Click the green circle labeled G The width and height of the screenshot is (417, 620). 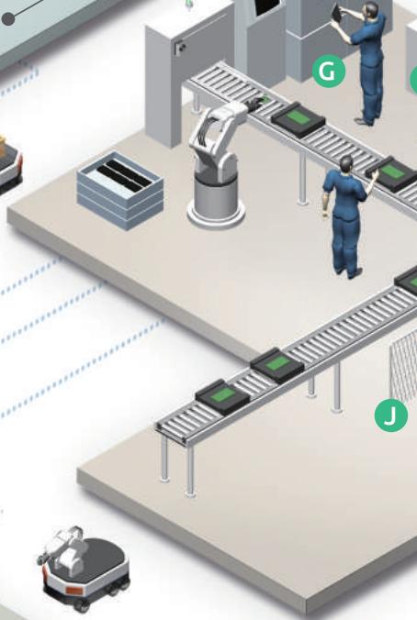point(328,72)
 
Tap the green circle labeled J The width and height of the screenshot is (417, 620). point(391,415)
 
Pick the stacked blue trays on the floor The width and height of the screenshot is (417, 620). point(120,191)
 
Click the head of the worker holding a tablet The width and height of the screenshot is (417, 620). point(370,9)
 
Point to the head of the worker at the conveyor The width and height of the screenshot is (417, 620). point(346,163)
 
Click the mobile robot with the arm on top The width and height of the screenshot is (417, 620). point(84,569)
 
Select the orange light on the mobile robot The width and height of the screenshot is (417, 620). point(72,590)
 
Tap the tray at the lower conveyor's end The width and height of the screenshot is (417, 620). point(222,396)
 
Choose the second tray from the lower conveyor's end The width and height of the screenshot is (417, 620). point(277,364)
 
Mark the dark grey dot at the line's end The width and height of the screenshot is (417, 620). point(8,19)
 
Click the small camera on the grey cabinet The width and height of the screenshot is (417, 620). point(180,48)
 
